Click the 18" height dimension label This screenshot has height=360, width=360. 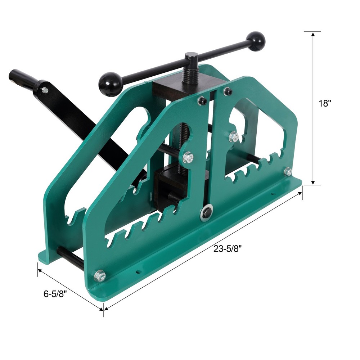pos(324,103)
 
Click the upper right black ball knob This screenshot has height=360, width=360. pos(256,41)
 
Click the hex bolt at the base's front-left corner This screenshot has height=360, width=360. pos(100,276)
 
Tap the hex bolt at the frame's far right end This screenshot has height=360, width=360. pos(288,172)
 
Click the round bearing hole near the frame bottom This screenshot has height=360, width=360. pos(206,213)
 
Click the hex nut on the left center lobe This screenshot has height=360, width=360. pos(188,157)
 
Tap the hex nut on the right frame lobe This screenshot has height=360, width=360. pos(234,136)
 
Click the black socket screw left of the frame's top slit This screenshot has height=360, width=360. pos(203,102)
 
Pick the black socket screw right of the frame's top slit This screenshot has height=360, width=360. pos(228,92)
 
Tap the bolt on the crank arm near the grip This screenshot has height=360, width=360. pos(45,90)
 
